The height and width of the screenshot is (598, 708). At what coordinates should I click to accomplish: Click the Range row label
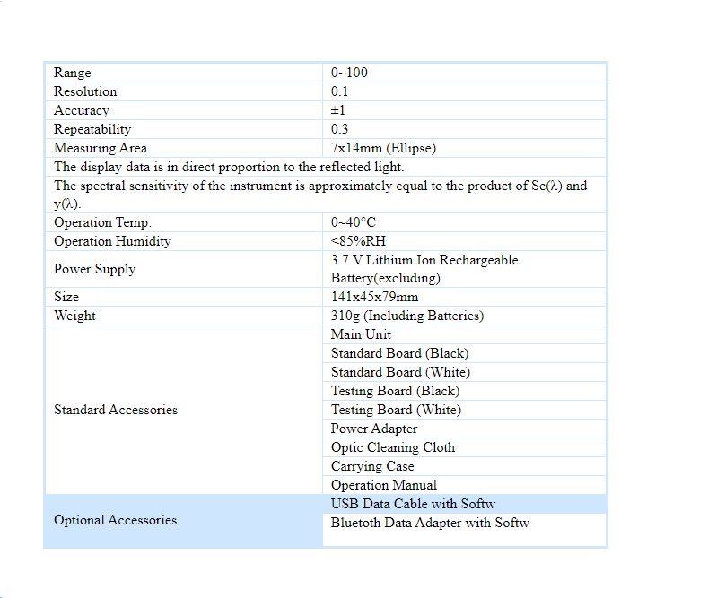point(73,73)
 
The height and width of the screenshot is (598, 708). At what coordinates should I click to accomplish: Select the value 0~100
point(349,73)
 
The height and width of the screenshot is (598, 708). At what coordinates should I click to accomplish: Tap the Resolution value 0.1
point(340,91)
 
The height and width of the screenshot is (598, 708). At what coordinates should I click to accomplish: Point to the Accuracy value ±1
point(338,110)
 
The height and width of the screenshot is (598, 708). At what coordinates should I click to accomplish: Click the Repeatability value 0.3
point(340,129)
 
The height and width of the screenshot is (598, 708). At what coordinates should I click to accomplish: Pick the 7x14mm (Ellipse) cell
point(383,148)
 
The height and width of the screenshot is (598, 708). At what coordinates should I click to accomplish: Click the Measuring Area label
point(101,148)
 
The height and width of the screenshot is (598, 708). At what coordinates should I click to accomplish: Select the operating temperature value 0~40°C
point(354,222)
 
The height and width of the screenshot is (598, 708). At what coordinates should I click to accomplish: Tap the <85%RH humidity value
point(358,241)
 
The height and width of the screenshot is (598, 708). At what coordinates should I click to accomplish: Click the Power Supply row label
point(95,269)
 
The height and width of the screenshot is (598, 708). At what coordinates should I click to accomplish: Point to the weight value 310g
point(406,316)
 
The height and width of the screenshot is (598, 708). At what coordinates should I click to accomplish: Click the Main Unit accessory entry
point(361,334)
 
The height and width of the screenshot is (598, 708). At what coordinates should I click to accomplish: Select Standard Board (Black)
point(399,353)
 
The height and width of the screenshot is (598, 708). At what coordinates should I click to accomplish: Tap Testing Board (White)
point(396,410)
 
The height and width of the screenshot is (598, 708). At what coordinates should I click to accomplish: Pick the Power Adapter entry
point(374,429)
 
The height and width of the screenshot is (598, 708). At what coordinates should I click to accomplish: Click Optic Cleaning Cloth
point(393,447)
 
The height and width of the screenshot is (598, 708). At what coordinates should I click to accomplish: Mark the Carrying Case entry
point(372,466)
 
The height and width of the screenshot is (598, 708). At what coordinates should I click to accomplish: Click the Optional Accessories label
point(115,520)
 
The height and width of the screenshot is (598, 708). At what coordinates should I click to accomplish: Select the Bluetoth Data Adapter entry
point(430,523)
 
